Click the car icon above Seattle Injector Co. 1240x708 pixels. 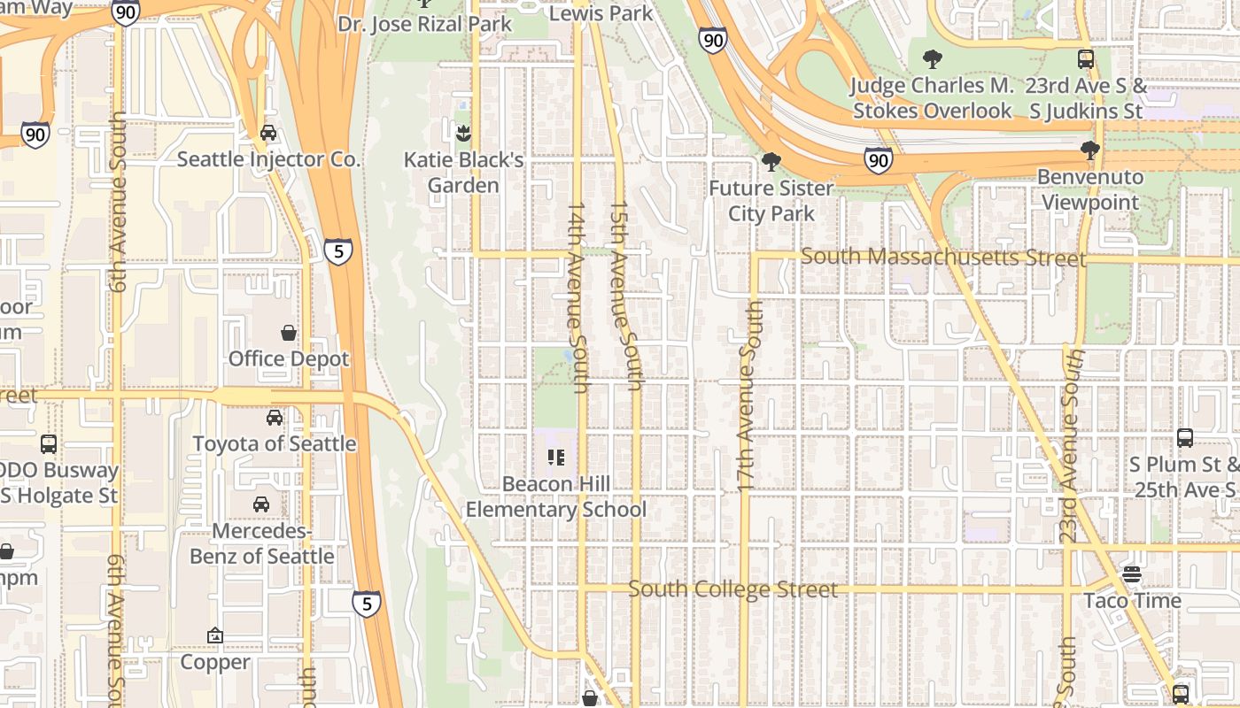coord(267,133)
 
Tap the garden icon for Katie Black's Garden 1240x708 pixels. coord(462,134)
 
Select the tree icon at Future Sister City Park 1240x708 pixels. coord(771,162)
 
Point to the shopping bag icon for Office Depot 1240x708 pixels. coord(289,333)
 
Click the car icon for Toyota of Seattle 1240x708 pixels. coord(275,417)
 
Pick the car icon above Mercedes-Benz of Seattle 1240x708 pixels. coord(261,504)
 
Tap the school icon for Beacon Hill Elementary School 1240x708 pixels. coord(556,458)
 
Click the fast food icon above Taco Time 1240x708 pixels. coord(1131,574)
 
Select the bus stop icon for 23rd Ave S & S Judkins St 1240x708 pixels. coord(1086,59)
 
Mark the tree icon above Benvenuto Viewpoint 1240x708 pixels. coord(1090,150)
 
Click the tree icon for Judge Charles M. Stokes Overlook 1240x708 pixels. coord(932,59)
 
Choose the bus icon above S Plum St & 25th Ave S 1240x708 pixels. coord(1185,437)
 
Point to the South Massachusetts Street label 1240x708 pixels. coord(942,258)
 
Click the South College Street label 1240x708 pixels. coord(732,589)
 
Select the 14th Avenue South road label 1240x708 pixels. coord(577,297)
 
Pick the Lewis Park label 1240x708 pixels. coord(601,13)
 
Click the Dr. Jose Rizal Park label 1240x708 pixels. coord(424,23)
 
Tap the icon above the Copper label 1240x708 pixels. coord(215,635)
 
